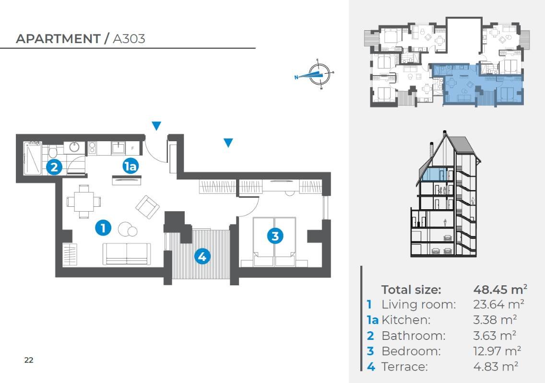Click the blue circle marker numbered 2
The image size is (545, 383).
pos(54,168)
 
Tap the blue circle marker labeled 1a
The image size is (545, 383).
pos(130,166)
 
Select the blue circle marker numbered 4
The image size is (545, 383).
pos(202,257)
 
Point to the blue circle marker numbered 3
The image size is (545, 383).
pos(275,236)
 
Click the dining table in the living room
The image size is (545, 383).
pos(84,202)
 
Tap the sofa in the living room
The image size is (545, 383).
pos(127,254)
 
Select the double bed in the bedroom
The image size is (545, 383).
pos(274,242)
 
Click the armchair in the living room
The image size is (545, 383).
pos(147,207)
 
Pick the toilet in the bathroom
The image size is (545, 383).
pos(53,151)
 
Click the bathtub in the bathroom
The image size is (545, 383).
pos(32,158)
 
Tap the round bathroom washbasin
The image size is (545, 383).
pos(74,147)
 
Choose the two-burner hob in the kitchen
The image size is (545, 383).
pos(92,148)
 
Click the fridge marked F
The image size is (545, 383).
pos(132,148)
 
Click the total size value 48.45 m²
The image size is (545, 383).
pos(500,289)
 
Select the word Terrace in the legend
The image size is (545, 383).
pos(404,367)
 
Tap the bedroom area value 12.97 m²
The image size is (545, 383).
pos(497,351)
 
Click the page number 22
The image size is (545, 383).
pos(29,360)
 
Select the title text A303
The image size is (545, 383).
pos(129,39)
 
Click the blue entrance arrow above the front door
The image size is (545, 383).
pos(156,125)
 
